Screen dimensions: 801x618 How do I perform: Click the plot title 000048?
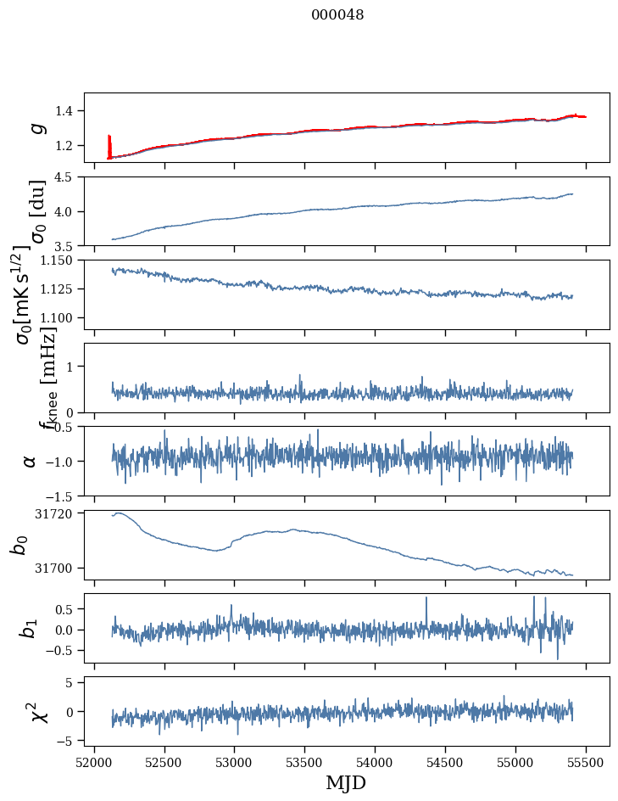[337, 15]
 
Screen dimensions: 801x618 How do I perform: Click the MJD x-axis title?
[346, 782]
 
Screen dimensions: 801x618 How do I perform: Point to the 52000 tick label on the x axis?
[94, 763]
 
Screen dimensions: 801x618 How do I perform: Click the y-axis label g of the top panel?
[36, 127]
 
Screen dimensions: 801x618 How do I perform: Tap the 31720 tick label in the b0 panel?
[59, 513]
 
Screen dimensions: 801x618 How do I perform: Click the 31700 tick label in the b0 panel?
[59, 568]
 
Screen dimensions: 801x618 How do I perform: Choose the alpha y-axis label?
[31, 461]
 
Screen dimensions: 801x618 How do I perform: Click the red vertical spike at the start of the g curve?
[109, 144]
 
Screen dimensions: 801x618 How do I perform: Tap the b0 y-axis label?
[19, 545]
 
